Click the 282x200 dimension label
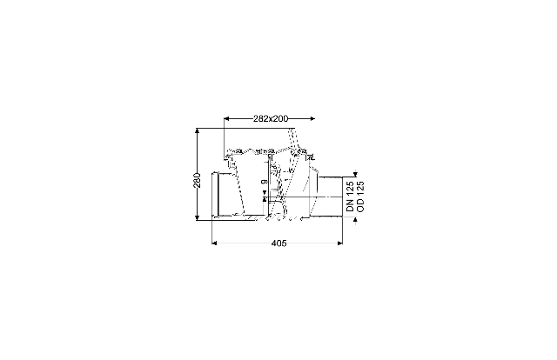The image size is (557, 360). (x=271, y=118)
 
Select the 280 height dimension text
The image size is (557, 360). (x=198, y=180)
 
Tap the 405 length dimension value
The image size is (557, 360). (x=278, y=243)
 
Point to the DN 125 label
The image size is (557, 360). (x=350, y=197)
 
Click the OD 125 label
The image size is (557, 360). (x=360, y=197)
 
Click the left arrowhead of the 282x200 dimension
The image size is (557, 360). (x=226, y=118)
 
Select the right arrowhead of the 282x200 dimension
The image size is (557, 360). (x=312, y=118)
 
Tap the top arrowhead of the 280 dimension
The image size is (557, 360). (x=198, y=131)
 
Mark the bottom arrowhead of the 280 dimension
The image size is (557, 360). (x=198, y=217)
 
